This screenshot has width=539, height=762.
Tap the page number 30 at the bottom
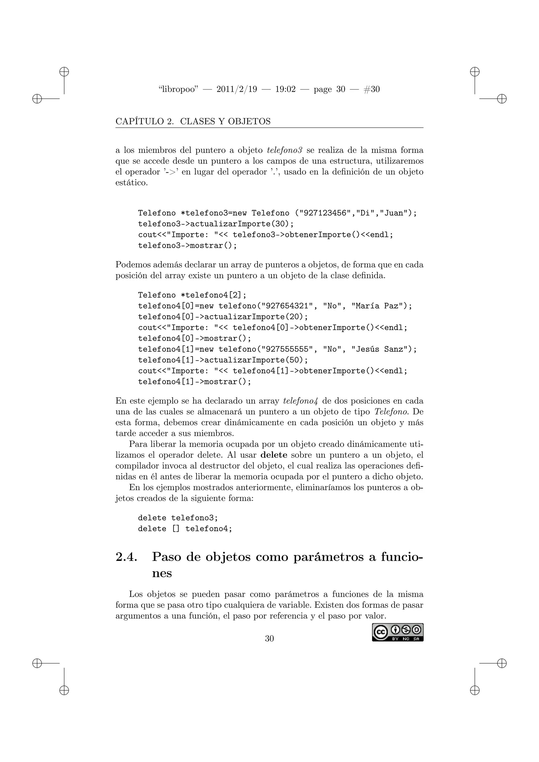(x=269, y=638)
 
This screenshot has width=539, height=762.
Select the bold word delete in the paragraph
(x=274, y=455)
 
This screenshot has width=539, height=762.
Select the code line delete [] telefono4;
(x=185, y=529)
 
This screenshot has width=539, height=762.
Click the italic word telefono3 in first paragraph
(x=285, y=150)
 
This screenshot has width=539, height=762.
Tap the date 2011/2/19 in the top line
(x=237, y=89)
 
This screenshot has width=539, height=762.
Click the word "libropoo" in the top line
(x=178, y=89)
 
